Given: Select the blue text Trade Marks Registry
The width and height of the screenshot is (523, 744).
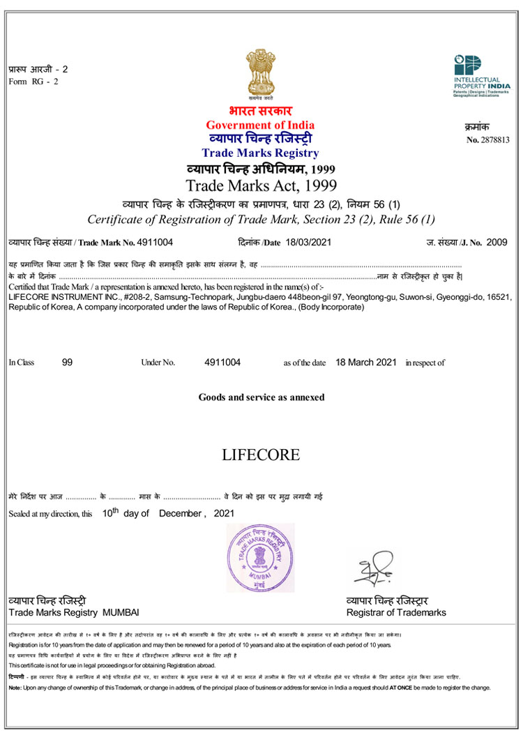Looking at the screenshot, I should [260, 153].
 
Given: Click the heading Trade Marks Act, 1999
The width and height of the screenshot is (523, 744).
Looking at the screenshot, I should [261, 185].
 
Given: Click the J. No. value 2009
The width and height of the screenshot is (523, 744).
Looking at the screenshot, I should [497, 242].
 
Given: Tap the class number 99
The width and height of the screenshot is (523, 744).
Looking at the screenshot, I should [67, 363].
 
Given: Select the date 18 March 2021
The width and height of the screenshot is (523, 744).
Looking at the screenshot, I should [366, 363].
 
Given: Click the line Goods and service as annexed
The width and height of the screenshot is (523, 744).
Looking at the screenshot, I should [261, 397].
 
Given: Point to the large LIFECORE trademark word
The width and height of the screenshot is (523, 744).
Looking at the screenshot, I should [261, 455].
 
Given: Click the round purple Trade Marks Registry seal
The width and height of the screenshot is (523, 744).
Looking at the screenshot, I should [260, 558].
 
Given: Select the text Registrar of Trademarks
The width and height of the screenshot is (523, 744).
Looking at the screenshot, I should [396, 612].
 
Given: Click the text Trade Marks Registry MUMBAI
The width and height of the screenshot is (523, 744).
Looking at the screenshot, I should [74, 612].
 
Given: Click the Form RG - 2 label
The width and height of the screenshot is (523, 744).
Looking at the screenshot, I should [33, 82].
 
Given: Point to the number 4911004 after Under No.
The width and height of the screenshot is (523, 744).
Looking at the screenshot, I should [222, 363].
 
